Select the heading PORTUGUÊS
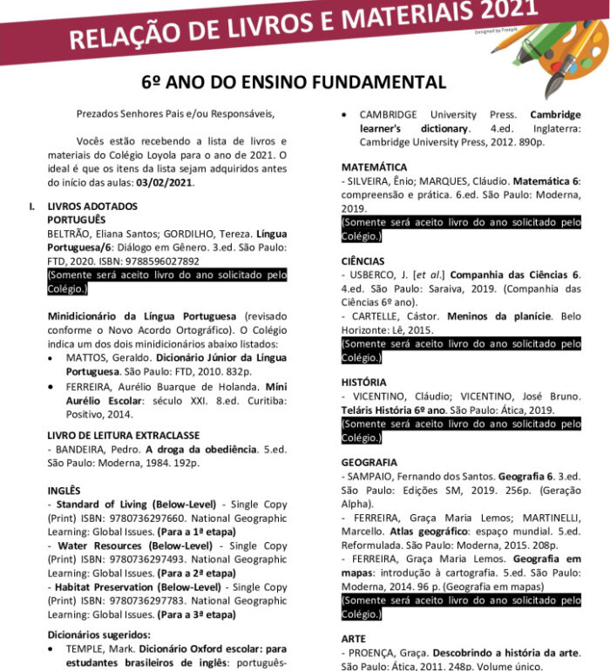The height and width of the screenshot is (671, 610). (x=77, y=220)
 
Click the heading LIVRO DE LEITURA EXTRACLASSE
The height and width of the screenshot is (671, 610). (x=123, y=435)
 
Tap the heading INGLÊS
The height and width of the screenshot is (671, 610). (x=64, y=491)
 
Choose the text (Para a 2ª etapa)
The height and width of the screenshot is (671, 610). (x=197, y=573)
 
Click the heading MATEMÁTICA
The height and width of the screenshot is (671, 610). (x=374, y=166)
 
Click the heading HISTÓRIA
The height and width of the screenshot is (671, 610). (x=364, y=382)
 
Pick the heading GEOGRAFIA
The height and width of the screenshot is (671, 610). (x=369, y=462)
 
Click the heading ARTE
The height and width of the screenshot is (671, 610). (x=354, y=639)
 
